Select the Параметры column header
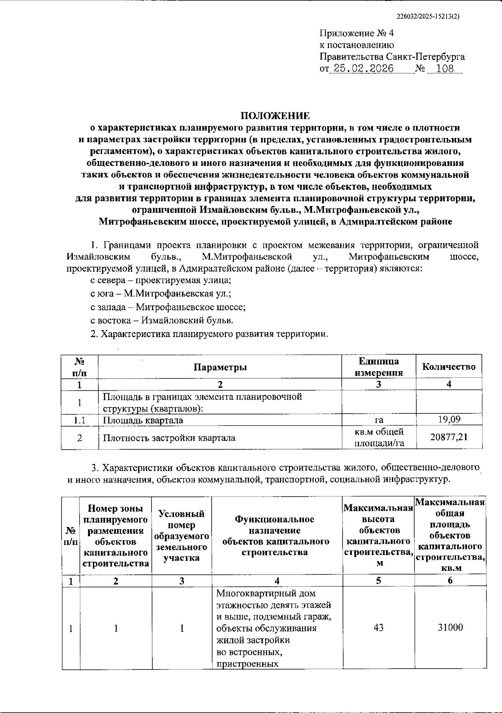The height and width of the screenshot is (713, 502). pos(220,367)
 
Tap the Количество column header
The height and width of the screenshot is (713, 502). pos(448,367)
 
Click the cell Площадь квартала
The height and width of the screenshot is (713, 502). pos(143,420)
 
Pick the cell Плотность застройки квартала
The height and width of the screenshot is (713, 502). pos(169,438)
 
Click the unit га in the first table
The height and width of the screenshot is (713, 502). pos(379,420)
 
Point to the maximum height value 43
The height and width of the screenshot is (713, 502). pos(379,628)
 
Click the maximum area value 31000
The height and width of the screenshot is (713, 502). pos(450,628)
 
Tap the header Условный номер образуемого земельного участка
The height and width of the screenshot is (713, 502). pos(182,536)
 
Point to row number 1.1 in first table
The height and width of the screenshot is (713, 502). pos(79,420)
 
